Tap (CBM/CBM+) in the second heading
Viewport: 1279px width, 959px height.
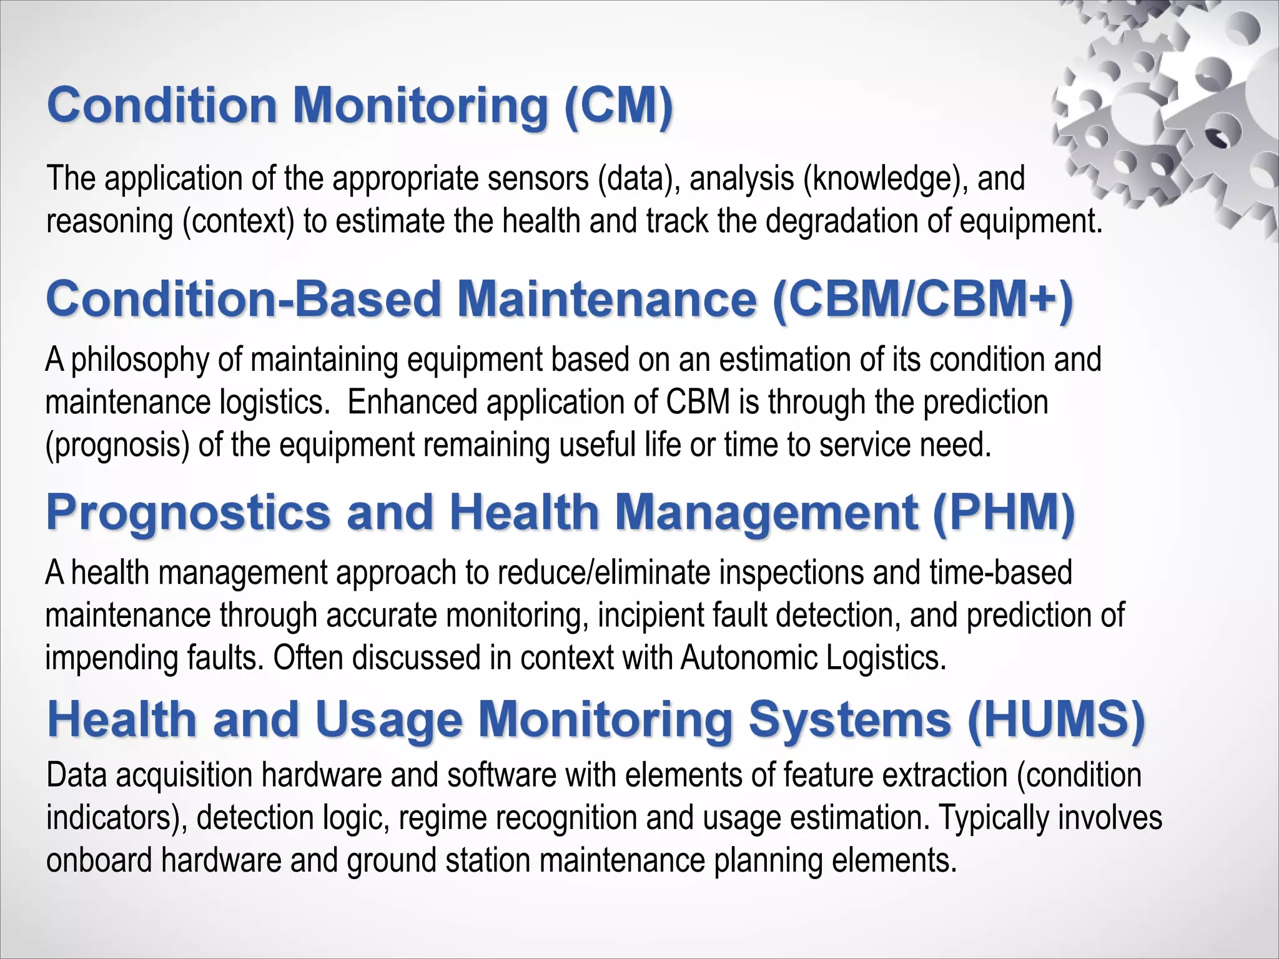coord(923,300)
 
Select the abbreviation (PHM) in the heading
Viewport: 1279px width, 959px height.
coord(1004,512)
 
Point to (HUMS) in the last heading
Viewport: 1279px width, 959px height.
coord(1056,719)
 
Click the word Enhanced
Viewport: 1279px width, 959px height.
coord(412,402)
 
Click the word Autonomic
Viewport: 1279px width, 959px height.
coord(749,658)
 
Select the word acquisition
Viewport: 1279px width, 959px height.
coord(184,776)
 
